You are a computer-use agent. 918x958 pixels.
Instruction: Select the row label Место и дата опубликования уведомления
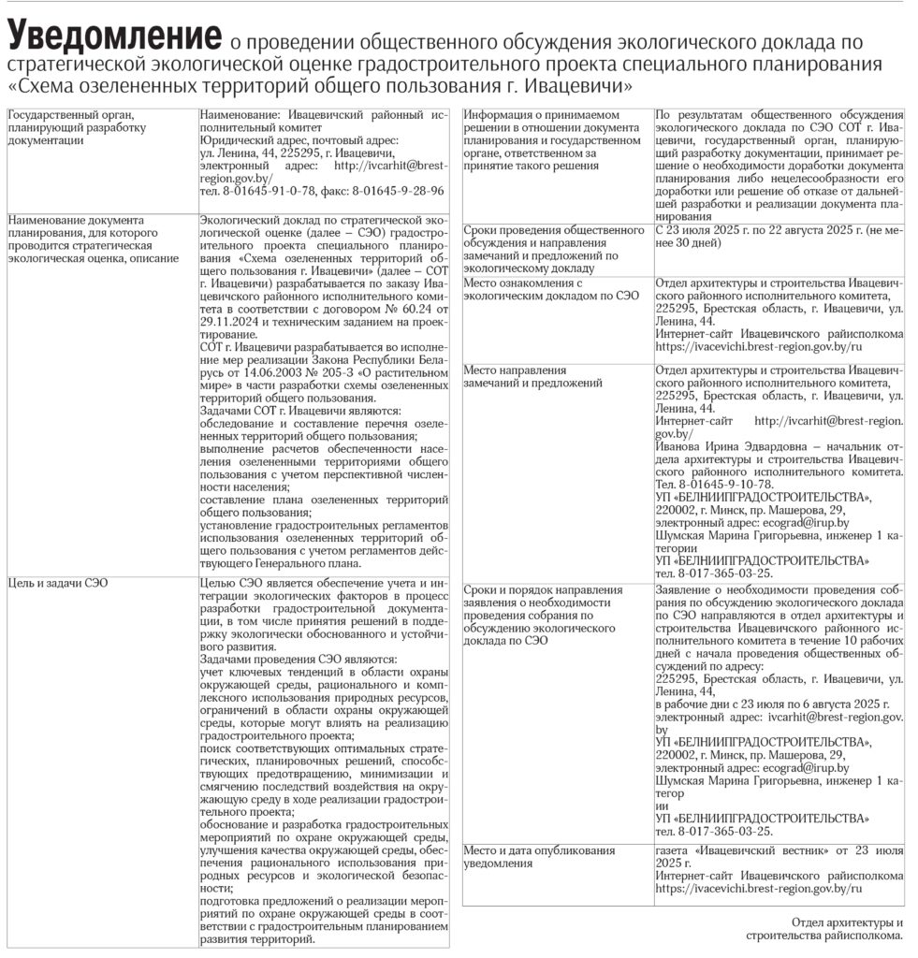tap(538, 857)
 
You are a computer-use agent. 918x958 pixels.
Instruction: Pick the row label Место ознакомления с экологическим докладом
tap(552, 288)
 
